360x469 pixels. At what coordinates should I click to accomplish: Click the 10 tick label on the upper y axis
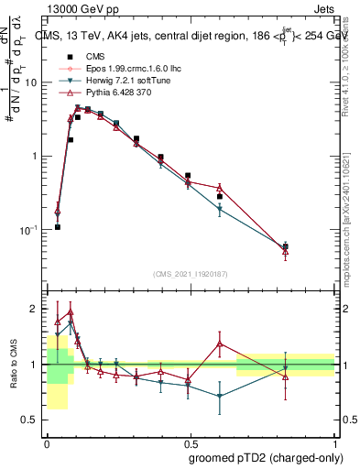(31, 82)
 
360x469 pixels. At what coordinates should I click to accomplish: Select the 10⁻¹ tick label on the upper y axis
(27, 230)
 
